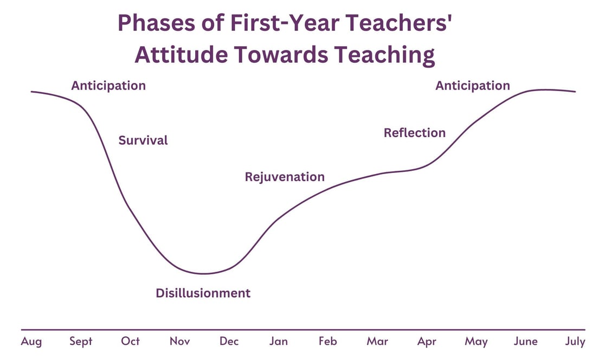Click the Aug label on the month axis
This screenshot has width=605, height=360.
[x=31, y=341]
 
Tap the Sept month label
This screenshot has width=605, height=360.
[x=81, y=342]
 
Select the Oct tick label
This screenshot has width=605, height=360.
[x=131, y=341]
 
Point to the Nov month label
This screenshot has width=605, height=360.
[x=180, y=341]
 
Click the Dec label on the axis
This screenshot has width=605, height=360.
[x=229, y=341]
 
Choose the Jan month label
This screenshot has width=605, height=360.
[x=279, y=341]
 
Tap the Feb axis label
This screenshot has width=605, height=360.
[x=327, y=341]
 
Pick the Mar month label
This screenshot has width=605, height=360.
[x=377, y=341]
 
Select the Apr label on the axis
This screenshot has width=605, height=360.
[x=427, y=342]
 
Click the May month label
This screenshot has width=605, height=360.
[x=476, y=342]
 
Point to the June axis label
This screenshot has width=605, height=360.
[x=525, y=341]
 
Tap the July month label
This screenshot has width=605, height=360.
[x=575, y=342]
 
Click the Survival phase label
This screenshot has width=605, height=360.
[x=143, y=140]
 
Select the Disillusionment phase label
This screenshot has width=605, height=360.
[x=203, y=293]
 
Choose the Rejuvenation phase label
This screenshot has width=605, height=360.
[x=285, y=177]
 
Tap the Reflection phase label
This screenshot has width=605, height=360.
[x=415, y=133]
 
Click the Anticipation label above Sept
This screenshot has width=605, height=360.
[x=108, y=86]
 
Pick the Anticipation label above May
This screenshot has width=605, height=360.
[x=473, y=86]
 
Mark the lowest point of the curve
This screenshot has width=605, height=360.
[x=204, y=273]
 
